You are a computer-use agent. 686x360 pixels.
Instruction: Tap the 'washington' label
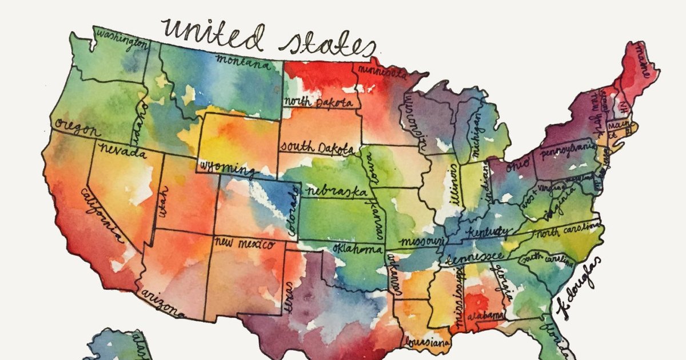119,38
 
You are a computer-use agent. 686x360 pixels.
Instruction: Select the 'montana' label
242,61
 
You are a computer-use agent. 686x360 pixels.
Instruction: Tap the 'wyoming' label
226,168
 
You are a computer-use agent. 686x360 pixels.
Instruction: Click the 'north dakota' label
318,102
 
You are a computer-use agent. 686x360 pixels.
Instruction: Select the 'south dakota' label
316,147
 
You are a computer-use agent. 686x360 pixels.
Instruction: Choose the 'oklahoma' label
357,250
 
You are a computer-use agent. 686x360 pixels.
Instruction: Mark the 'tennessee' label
474,257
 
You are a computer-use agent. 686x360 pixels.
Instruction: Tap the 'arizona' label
162,299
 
